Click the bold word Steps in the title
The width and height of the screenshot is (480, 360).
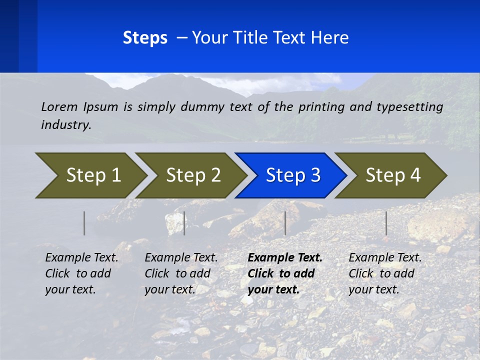tap(145, 38)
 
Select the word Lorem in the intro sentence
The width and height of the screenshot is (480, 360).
tap(59, 106)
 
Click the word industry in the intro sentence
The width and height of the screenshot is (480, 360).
tap(66, 125)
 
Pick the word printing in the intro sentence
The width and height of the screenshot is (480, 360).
tap(322, 106)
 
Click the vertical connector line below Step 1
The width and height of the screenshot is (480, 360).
tap(84, 223)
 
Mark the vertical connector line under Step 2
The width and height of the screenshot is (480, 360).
tap(184, 223)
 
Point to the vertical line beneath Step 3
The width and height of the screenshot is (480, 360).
tap(285, 223)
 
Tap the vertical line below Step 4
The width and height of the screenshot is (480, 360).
tap(386, 223)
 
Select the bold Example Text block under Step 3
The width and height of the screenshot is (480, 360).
tap(285, 273)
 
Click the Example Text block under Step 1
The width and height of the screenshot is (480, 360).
tap(81, 273)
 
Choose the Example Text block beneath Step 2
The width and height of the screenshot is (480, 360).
tap(181, 273)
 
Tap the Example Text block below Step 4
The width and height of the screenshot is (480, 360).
tap(385, 273)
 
